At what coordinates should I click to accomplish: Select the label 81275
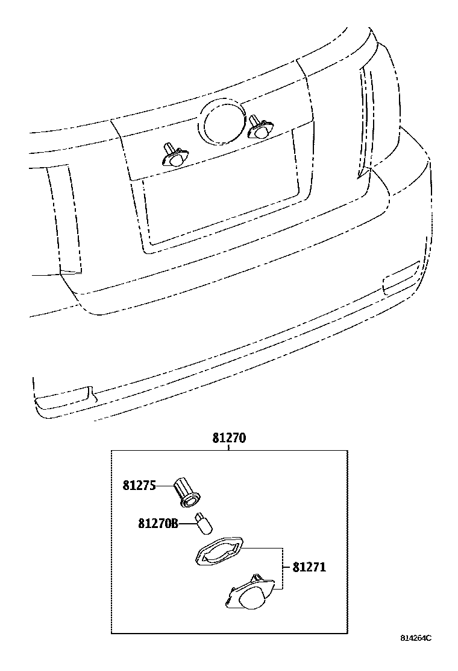pyautogui.click(x=139, y=485)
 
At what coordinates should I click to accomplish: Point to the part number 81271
pyautogui.click(x=309, y=567)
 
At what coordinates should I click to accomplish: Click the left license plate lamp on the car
pyautogui.click(x=173, y=156)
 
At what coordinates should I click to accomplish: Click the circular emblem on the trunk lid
pyautogui.click(x=222, y=123)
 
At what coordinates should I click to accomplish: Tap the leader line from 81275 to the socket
pyautogui.click(x=165, y=485)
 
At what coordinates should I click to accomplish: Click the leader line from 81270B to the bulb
pyautogui.click(x=187, y=523)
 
